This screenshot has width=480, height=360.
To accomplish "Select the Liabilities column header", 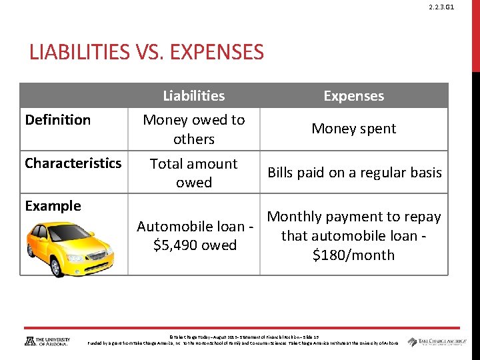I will (x=194, y=96).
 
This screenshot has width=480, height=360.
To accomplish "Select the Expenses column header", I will (x=353, y=96).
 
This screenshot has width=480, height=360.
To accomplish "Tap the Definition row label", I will (x=57, y=120).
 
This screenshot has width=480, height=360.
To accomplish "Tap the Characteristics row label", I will (x=73, y=163).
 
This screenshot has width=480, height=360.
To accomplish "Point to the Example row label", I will (x=53, y=206).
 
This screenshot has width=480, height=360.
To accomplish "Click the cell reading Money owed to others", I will (x=194, y=129).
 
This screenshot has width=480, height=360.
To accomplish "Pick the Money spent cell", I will (x=353, y=129).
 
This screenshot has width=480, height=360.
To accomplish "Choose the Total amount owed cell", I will (x=194, y=173).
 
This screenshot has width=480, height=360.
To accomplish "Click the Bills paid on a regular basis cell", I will (x=354, y=173).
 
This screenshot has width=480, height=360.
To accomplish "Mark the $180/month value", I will (x=353, y=255).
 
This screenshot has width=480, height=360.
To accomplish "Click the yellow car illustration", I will (x=73, y=246).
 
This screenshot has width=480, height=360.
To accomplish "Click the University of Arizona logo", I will (x=47, y=341).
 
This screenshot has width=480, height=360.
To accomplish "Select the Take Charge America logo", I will (x=437, y=341).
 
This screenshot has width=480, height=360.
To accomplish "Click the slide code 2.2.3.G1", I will (x=442, y=7).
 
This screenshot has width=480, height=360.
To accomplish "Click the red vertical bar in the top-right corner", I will (x=475, y=33).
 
